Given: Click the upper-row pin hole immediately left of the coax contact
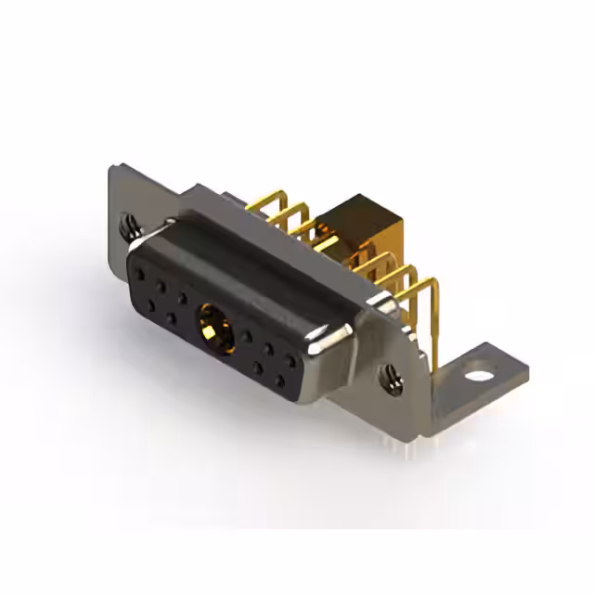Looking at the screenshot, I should [x=184, y=298].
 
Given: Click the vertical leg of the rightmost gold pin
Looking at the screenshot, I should [x=434, y=320].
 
